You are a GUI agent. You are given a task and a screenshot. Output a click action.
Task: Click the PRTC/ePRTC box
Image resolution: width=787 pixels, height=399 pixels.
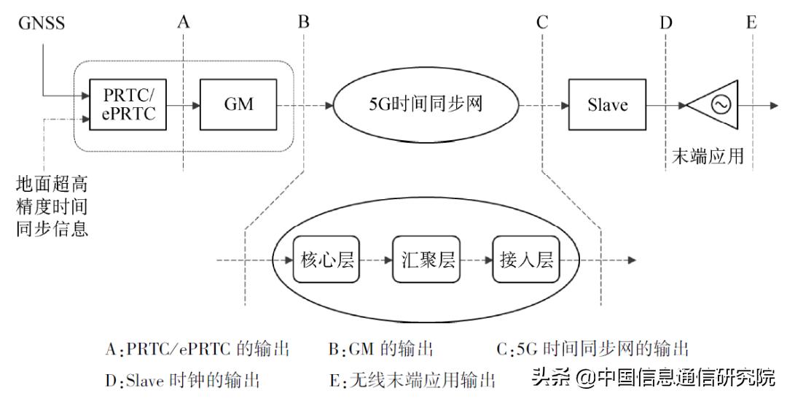128,104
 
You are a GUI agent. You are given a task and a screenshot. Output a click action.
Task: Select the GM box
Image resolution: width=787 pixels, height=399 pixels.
239,104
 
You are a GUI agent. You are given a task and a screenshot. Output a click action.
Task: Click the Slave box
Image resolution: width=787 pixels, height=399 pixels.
607,105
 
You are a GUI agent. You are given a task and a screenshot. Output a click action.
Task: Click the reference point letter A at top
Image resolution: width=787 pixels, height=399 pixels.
184,22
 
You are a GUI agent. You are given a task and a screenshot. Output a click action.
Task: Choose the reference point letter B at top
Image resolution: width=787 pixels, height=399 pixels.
303,22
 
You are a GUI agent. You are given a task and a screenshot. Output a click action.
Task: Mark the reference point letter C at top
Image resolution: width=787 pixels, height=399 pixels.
541,22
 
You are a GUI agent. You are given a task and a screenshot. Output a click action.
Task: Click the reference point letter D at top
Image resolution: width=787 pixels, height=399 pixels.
665,22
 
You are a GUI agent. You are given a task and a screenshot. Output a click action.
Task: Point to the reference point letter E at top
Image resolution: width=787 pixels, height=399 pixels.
751,22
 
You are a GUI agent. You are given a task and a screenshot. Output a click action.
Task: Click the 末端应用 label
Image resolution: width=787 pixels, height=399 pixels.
707,156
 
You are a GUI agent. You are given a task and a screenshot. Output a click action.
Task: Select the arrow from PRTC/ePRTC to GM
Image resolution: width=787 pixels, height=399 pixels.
184,105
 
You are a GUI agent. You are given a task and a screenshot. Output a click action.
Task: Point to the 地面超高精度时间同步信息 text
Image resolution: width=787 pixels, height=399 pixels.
52,204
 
